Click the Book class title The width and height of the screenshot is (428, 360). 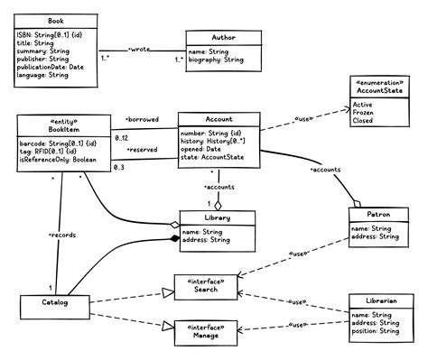click(x=56, y=19)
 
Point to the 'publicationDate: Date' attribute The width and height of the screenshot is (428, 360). click(x=51, y=67)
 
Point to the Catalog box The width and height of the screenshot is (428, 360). click(x=56, y=306)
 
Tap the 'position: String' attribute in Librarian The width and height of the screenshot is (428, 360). click(x=375, y=331)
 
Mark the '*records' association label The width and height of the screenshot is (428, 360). click(x=61, y=235)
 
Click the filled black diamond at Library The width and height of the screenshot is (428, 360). click(x=174, y=238)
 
